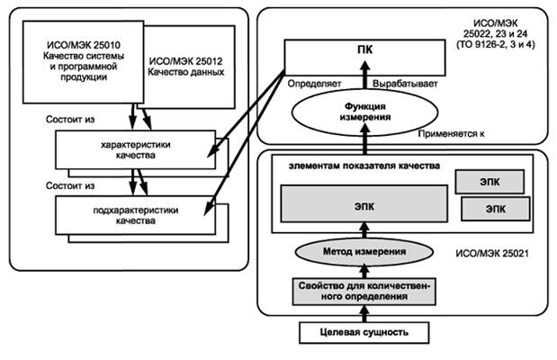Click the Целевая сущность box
364,332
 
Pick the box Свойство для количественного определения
364,291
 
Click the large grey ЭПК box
364,204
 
